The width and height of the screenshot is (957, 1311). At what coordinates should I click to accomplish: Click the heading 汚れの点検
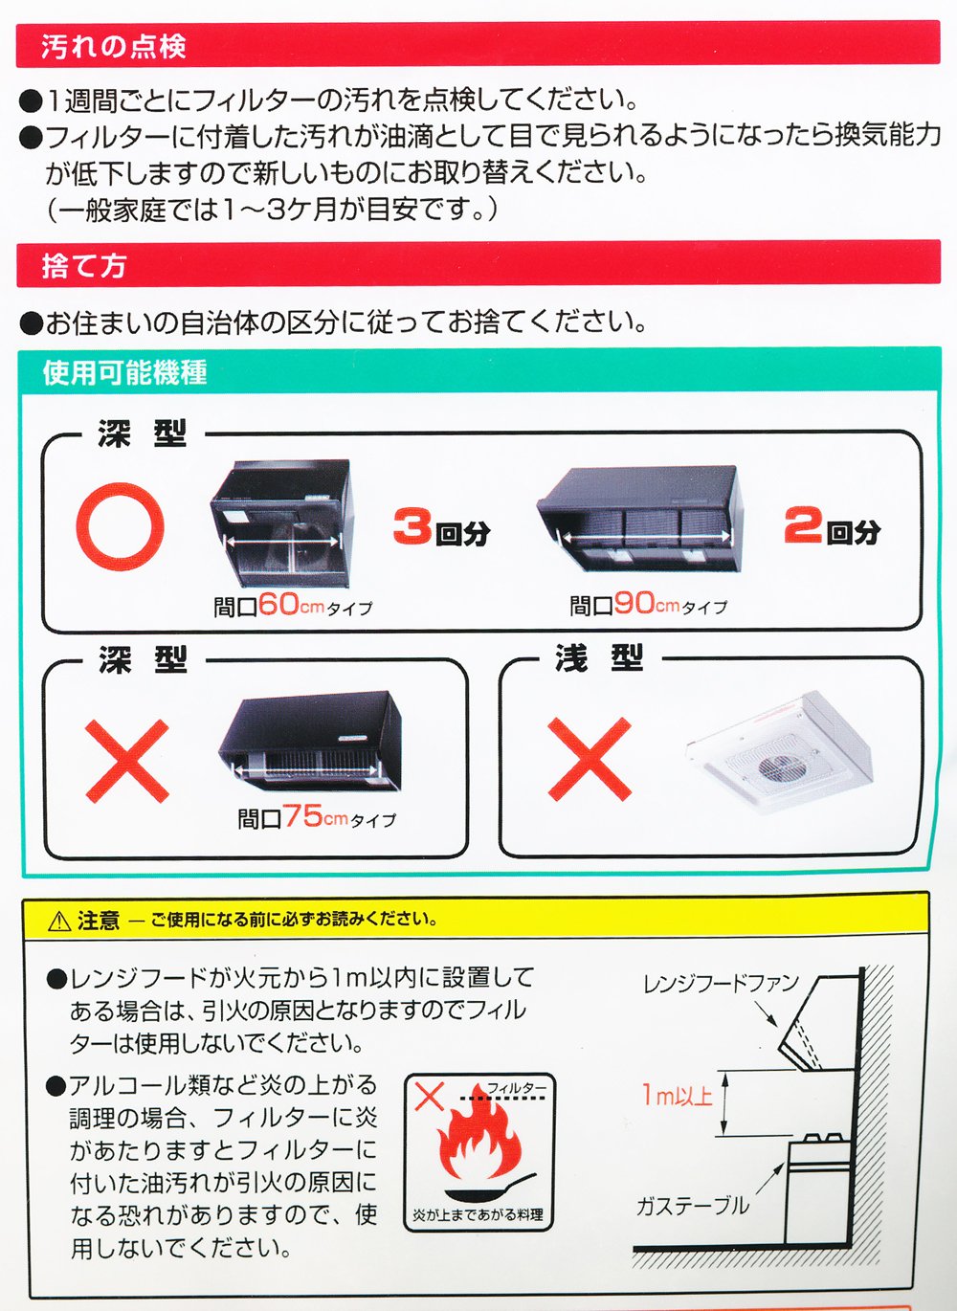point(114,46)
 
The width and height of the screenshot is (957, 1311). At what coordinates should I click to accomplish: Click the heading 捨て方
point(83,266)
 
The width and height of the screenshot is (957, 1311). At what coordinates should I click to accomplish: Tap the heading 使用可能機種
point(124,372)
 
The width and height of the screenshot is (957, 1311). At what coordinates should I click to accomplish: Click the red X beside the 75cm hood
point(127,761)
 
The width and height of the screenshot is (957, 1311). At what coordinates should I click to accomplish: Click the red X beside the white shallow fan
point(590,759)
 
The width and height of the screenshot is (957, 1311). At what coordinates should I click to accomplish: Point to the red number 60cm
point(291,604)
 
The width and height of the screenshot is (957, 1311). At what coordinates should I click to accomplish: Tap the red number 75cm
point(316,815)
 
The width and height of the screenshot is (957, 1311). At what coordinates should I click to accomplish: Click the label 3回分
point(442,527)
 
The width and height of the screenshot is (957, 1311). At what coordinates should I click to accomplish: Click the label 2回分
point(833,525)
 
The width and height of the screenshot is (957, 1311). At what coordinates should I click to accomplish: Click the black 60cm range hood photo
point(282,523)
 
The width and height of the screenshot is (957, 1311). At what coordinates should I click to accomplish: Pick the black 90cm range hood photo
point(640,518)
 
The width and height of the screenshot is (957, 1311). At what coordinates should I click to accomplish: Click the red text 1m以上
point(677,1095)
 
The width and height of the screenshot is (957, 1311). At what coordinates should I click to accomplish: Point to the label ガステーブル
point(692,1207)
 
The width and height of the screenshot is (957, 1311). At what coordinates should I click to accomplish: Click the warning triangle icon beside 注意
point(59,922)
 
